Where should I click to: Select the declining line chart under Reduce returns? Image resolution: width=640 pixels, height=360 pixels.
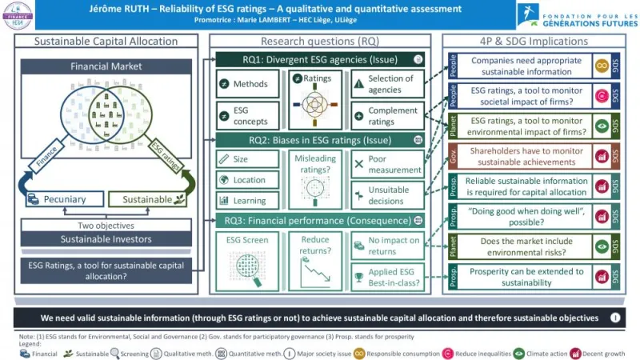(x=315, y=272)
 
